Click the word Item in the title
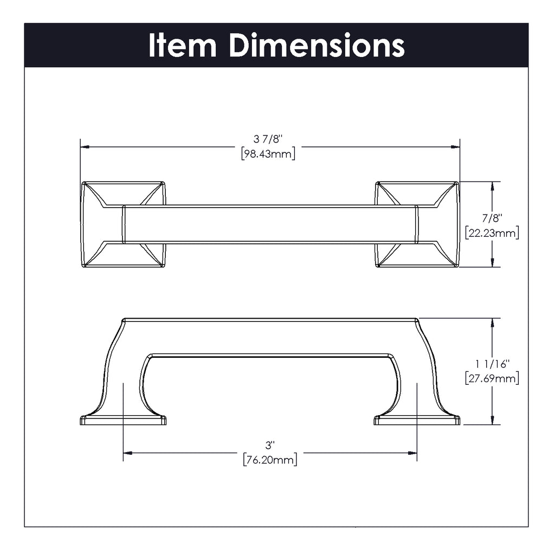pyautogui.click(x=182, y=45)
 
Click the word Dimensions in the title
pyautogui.click(x=317, y=45)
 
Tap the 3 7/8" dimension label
pyautogui.click(x=268, y=139)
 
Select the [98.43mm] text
pyautogui.click(x=268, y=154)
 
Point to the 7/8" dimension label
pyautogui.click(x=492, y=218)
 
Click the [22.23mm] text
pyautogui.click(x=492, y=233)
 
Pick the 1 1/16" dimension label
pyautogui.click(x=492, y=364)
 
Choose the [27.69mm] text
pyautogui.click(x=492, y=378)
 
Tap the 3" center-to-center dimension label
pyautogui.click(x=270, y=445)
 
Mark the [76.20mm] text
pyautogui.click(x=270, y=460)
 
